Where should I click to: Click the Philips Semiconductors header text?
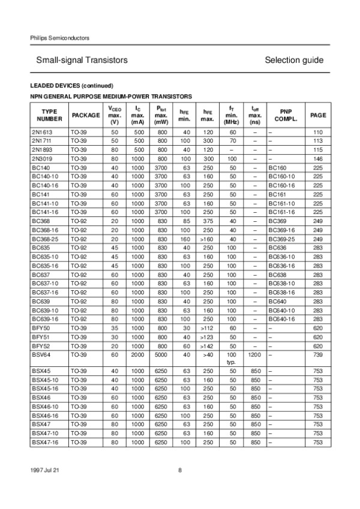(x=59, y=38)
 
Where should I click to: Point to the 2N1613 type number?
(x=41, y=132)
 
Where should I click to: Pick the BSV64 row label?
(x=40, y=356)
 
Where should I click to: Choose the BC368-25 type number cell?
(x=44, y=240)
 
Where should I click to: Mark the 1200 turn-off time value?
(x=255, y=356)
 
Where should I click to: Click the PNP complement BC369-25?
(x=282, y=240)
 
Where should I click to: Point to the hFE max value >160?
(x=208, y=240)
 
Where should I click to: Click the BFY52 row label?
(x=40, y=347)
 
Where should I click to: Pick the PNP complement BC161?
(x=278, y=195)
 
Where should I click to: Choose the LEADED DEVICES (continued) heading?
(x=71, y=85)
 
